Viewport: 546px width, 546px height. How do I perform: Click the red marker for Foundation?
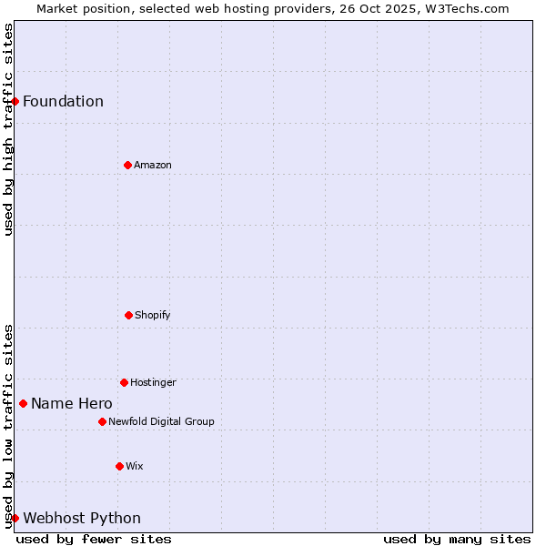click(15, 101)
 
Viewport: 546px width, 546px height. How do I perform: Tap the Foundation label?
click(63, 101)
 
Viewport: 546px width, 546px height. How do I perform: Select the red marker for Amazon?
click(127, 165)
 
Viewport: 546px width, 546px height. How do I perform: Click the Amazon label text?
click(152, 165)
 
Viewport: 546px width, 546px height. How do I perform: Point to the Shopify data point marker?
click(128, 315)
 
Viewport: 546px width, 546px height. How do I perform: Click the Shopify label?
click(152, 315)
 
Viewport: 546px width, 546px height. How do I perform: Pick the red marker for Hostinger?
click(124, 382)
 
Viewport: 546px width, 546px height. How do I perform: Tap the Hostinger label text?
click(153, 382)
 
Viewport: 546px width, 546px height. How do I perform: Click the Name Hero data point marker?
click(23, 403)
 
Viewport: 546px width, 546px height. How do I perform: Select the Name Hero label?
click(72, 403)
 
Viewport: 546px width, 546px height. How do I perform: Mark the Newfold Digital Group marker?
click(102, 421)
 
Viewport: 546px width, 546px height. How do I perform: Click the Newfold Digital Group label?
click(161, 421)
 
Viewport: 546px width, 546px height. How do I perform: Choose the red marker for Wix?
click(119, 466)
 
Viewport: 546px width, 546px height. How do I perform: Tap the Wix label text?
click(134, 466)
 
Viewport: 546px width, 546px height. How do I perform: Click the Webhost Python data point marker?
click(15, 518)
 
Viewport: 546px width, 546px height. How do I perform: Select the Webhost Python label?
click(82, 518)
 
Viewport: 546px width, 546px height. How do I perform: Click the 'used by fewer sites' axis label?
click(94, 539)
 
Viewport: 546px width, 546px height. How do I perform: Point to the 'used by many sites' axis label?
click(457, 539)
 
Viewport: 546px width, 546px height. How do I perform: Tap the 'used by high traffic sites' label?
click(8, 129)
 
